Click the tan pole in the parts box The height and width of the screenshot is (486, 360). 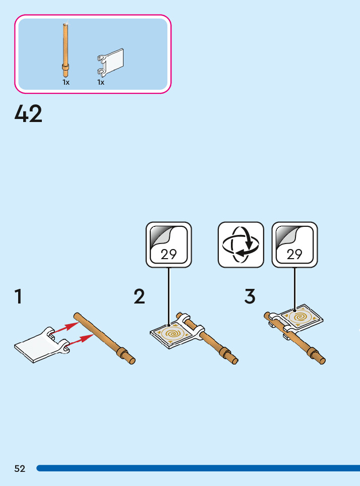click(x=65, y=48)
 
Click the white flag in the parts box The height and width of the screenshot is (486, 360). click(x=112, y=60)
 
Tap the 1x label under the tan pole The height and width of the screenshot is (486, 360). click(x=66, y=83)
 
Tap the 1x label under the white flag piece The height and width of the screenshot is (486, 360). click(x=101, y=83)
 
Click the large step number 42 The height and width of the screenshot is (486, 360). click(x=29, y=114)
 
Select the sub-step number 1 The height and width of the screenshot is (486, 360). click(x=18, y=296)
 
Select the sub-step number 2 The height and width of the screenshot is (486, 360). click(x=139, y=296)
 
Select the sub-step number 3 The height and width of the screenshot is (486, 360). click(x=250, y=296)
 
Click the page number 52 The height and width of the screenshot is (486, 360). click(x=20, y=469)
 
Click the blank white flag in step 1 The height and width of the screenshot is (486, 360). click(x=35, y=347)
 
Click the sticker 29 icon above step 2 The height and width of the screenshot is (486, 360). click(x=169, y=245)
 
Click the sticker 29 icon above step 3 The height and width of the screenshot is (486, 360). click(x=294, y=245)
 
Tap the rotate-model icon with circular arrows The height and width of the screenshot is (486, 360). click(x=241, y=245)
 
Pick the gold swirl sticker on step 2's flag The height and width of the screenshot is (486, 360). click(x=171, y=333)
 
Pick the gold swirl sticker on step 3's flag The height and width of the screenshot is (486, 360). click(x=302, y=317)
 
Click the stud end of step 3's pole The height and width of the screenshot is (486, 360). click(x=321, y=359)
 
